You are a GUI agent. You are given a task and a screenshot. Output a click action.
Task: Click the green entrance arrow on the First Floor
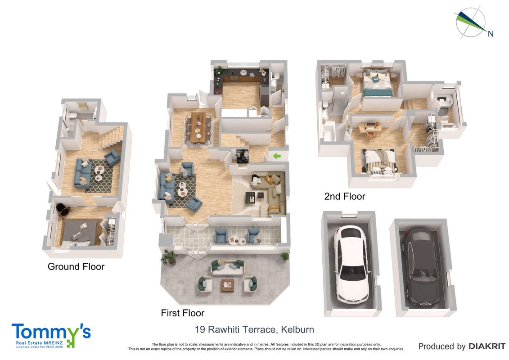[277, 156]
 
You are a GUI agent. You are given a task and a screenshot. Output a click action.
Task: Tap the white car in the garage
[350, 264]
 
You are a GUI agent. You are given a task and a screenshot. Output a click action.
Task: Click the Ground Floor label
[76, 266]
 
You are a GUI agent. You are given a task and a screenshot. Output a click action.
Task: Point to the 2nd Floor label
[345, 196]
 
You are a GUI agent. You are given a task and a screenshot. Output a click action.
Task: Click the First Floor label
[182, 313]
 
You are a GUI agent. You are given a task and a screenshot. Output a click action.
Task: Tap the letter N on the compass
[491, 34]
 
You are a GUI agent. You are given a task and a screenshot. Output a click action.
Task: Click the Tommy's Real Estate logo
[51, 335]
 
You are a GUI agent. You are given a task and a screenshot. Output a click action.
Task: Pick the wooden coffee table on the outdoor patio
[227, 285]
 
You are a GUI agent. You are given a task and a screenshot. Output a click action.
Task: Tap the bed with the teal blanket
[377, 83]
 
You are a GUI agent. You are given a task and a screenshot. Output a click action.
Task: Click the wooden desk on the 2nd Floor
[370, 126]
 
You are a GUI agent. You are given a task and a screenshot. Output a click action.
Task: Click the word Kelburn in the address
[297, 329]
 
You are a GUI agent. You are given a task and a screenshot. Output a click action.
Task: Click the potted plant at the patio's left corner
[169, 256]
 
